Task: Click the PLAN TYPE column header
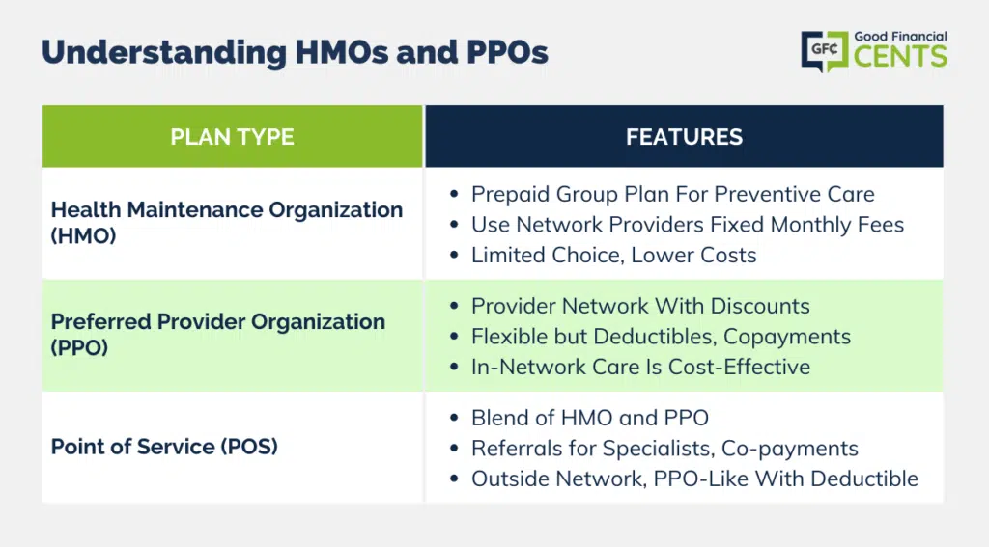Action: tap(232, 137)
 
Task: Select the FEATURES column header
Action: tap(684, 137)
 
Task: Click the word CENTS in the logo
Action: tap(900, 56)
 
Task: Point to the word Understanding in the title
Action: tap(164, 53)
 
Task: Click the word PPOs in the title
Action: tap(507, 52)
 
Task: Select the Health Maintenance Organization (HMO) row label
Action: tap(226, 223)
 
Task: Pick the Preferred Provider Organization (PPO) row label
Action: tap(217, 335)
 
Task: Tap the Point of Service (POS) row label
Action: tap(164, 446)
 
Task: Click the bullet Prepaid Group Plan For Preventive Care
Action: tap(672, 194)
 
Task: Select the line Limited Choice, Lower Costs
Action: tap(613, 255)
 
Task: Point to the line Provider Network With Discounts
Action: tap(640, 306)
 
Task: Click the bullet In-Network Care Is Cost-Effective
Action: tap(640, 367)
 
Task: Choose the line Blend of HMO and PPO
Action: tap(590, 417)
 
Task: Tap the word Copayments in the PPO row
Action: tap(786, 337)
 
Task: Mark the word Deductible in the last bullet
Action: tap(864, 479)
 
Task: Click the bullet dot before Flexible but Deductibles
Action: tap(454, 337)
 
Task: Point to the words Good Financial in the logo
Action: tap(900, 37)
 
